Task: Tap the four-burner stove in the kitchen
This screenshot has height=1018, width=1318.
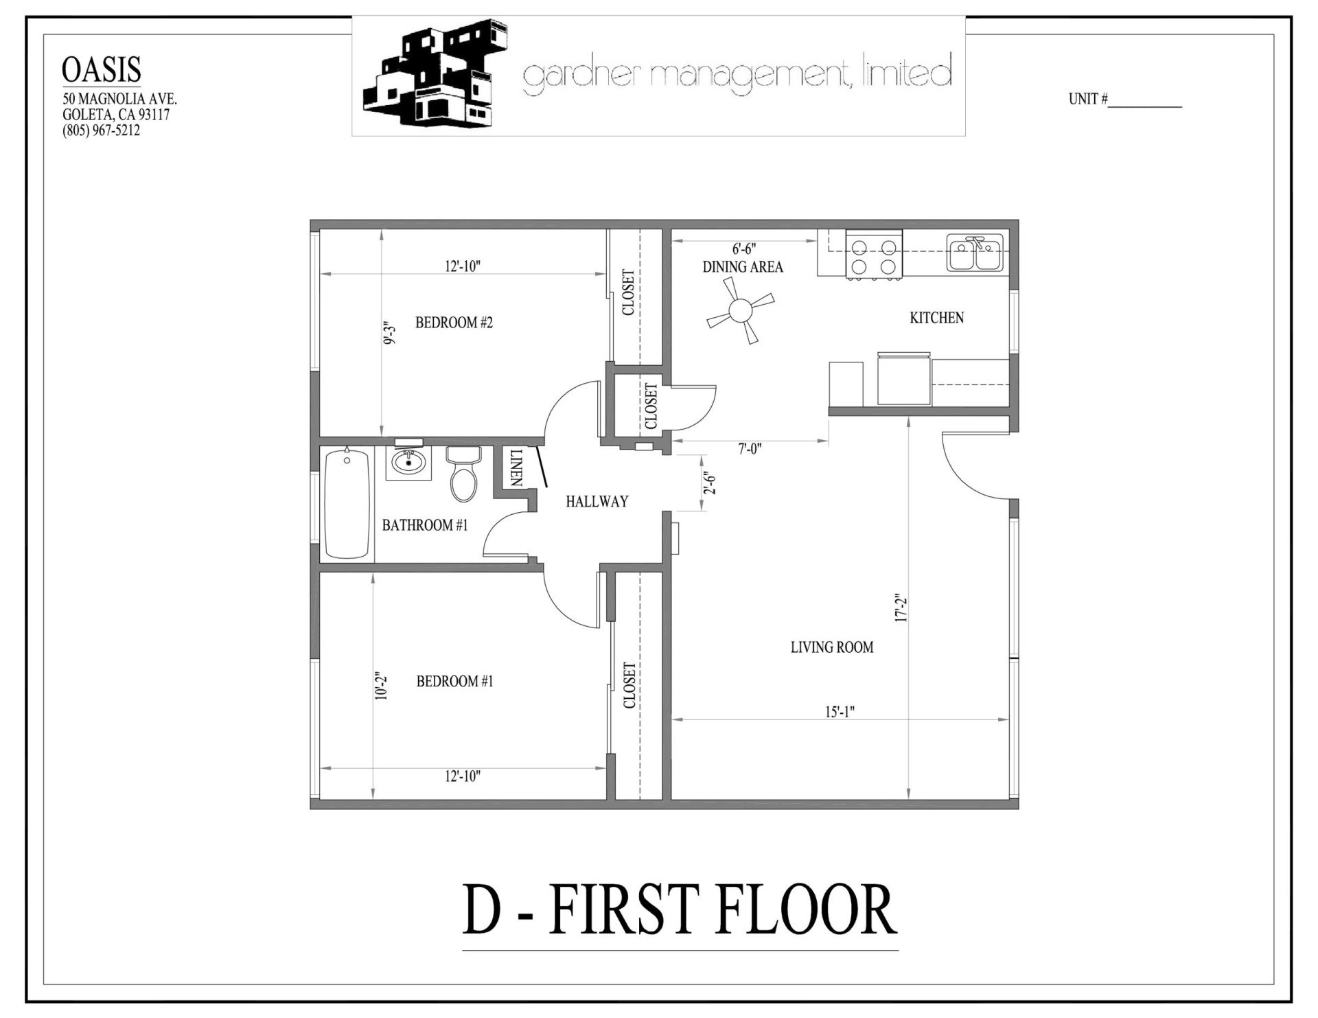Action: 874,256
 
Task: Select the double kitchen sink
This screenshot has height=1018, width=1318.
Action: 975,253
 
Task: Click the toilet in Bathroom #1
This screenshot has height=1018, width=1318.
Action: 463,474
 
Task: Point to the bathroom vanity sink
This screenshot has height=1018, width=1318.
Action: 411,461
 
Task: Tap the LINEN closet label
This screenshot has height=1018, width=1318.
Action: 516,468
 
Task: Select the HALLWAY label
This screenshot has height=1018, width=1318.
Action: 597,502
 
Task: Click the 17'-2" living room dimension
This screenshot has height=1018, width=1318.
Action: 901,608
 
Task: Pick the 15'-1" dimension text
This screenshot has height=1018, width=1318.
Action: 839,712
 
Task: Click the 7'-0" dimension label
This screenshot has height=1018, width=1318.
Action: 750,450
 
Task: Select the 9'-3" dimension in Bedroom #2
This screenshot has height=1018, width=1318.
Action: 390,332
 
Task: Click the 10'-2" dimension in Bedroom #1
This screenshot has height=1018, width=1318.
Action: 382,685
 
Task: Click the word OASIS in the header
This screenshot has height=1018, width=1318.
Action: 102,70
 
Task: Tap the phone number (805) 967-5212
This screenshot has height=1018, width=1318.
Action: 101,130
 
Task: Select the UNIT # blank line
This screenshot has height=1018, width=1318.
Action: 1144,101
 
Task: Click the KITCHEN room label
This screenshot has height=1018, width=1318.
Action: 936,318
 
